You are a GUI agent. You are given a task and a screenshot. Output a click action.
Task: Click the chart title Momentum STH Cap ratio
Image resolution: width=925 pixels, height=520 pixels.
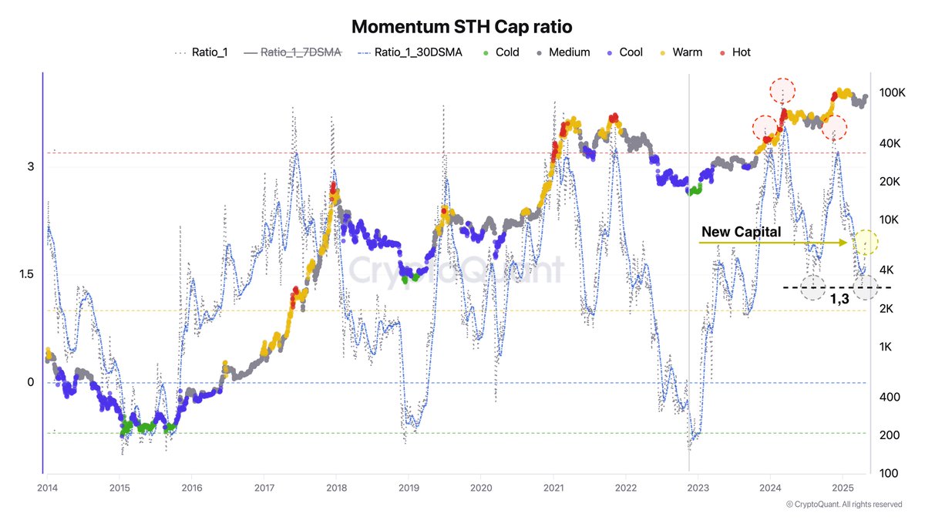(x=462, y=26)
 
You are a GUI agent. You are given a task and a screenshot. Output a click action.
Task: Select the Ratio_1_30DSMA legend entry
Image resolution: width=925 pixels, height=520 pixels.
(x=409, y=52)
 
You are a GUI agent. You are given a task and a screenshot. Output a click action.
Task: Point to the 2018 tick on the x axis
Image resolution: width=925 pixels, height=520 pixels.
(x=335, y=488)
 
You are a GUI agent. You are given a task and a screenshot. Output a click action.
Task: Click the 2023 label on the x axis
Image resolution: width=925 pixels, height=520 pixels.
(x=698, y=488)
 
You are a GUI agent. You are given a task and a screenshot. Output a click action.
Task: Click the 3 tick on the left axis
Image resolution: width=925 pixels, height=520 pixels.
(x=30, y=166)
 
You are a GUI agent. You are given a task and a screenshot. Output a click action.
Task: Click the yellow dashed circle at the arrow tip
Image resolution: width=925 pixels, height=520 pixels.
(x=866, y=242)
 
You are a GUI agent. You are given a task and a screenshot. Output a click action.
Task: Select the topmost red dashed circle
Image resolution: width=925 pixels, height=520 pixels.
(x=783, y=91)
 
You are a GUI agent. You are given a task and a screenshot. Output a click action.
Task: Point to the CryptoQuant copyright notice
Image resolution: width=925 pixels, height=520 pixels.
(x=843, y=505)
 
